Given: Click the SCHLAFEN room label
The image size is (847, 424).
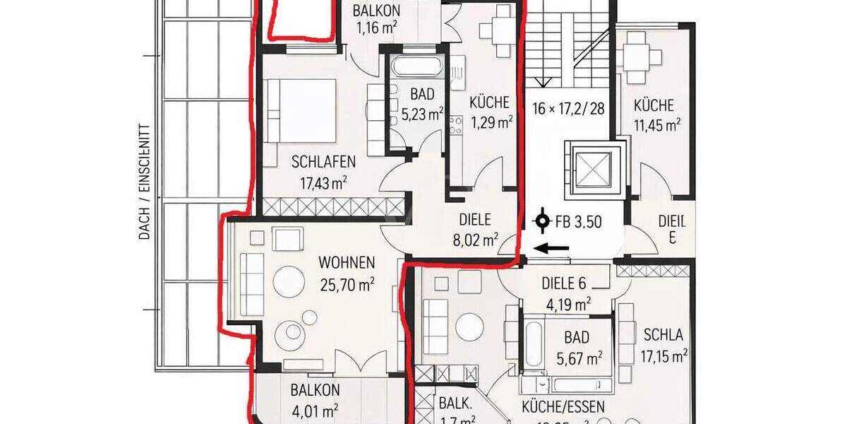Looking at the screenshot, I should (323, 162).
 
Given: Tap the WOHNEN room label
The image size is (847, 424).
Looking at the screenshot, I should (346, 263).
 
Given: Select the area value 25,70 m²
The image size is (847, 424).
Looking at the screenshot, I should (346, 284).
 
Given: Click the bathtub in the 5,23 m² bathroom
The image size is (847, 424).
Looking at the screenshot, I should (416, 69).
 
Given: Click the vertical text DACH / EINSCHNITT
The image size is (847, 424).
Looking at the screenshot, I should (145, 182).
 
